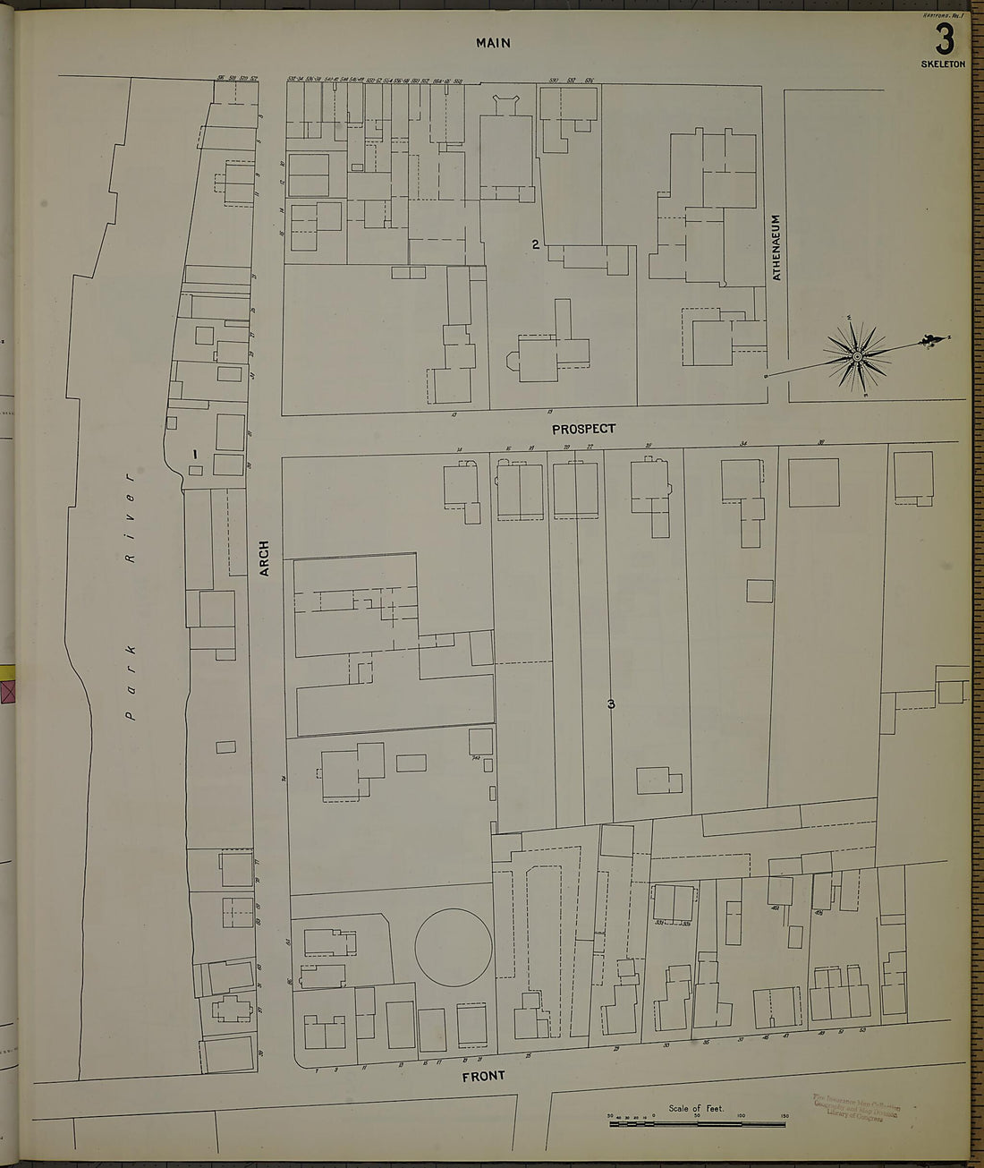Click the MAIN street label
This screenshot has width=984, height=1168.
pyautogui.click(x=493, y=42)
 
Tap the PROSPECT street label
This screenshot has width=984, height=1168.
pyautogui.click(x=583, y=429)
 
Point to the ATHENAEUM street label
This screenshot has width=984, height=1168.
pyautogui.click(x=776, y=247)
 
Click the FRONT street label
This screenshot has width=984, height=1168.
pyautogui.click(x=483, y=1076)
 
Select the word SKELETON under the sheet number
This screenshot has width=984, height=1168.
pyautogui.click(x=943, y=64)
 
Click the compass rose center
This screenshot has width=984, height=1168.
pyautogui.click(x=856, y=357)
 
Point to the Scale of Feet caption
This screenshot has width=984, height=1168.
pyautogui.click(x=695, y=1108)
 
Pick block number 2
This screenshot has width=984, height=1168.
pyautogui.click(x=535, y=244)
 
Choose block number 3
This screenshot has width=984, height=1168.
pyautogui.click(x=611, y=704)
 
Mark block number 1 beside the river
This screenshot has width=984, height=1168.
pyautogui.click(x=194, y=454)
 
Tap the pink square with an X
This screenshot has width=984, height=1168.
pyautogui.click(x=9, y=692)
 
